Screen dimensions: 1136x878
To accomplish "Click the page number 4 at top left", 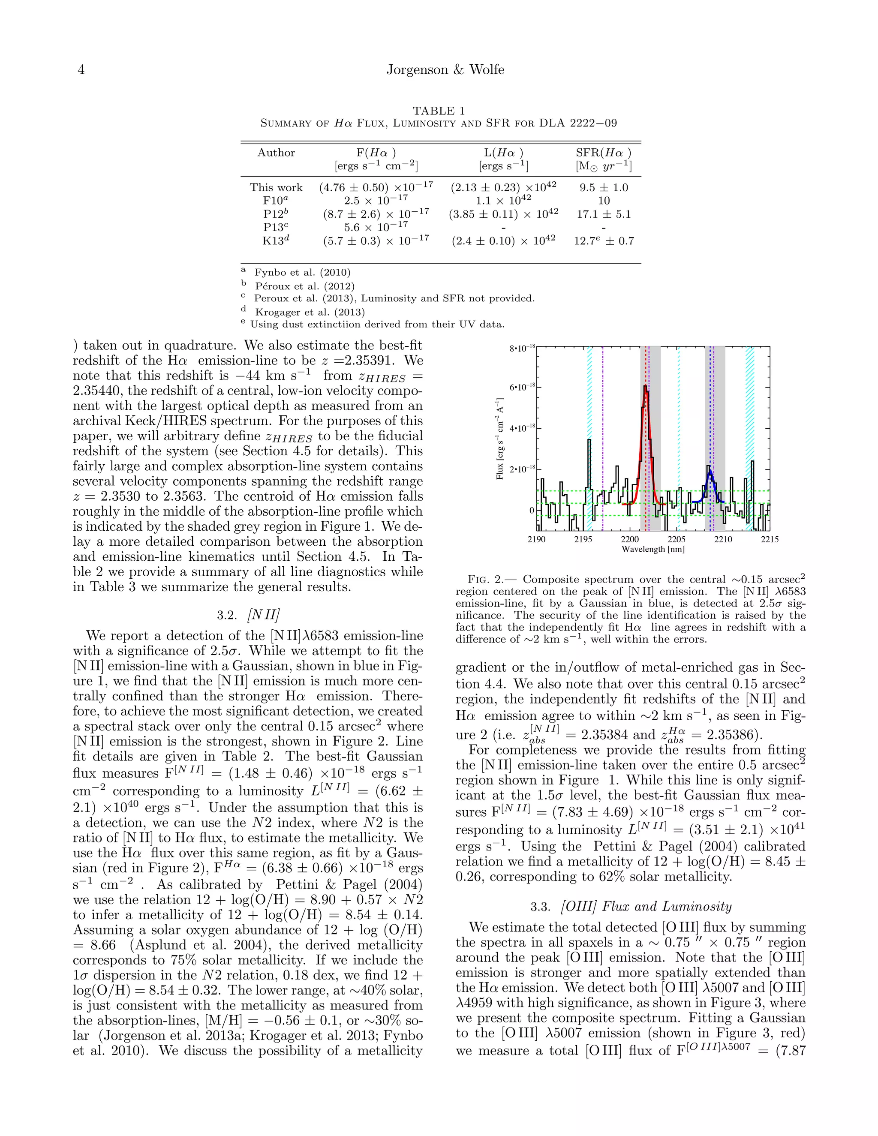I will (x=81, y=70).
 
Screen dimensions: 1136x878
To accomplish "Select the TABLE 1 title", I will (x=439, y=110).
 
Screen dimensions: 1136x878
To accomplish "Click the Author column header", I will (x=276, y=153).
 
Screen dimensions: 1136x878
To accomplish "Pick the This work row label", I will (x=276, y=187).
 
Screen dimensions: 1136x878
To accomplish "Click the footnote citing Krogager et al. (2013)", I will (x=310, y=312).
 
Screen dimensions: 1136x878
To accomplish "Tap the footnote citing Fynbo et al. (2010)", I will (x=302, y=272).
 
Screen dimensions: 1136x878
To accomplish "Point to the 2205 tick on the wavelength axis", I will (x=676, y=539).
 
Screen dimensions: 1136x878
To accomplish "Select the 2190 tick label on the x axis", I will (x=536, y=539).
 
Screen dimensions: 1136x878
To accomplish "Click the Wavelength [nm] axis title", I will (x=653, y=549).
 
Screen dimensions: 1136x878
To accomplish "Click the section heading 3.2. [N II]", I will (x=248, y=615).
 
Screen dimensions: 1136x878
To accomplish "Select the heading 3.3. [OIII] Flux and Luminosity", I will (x=630, y=907).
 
